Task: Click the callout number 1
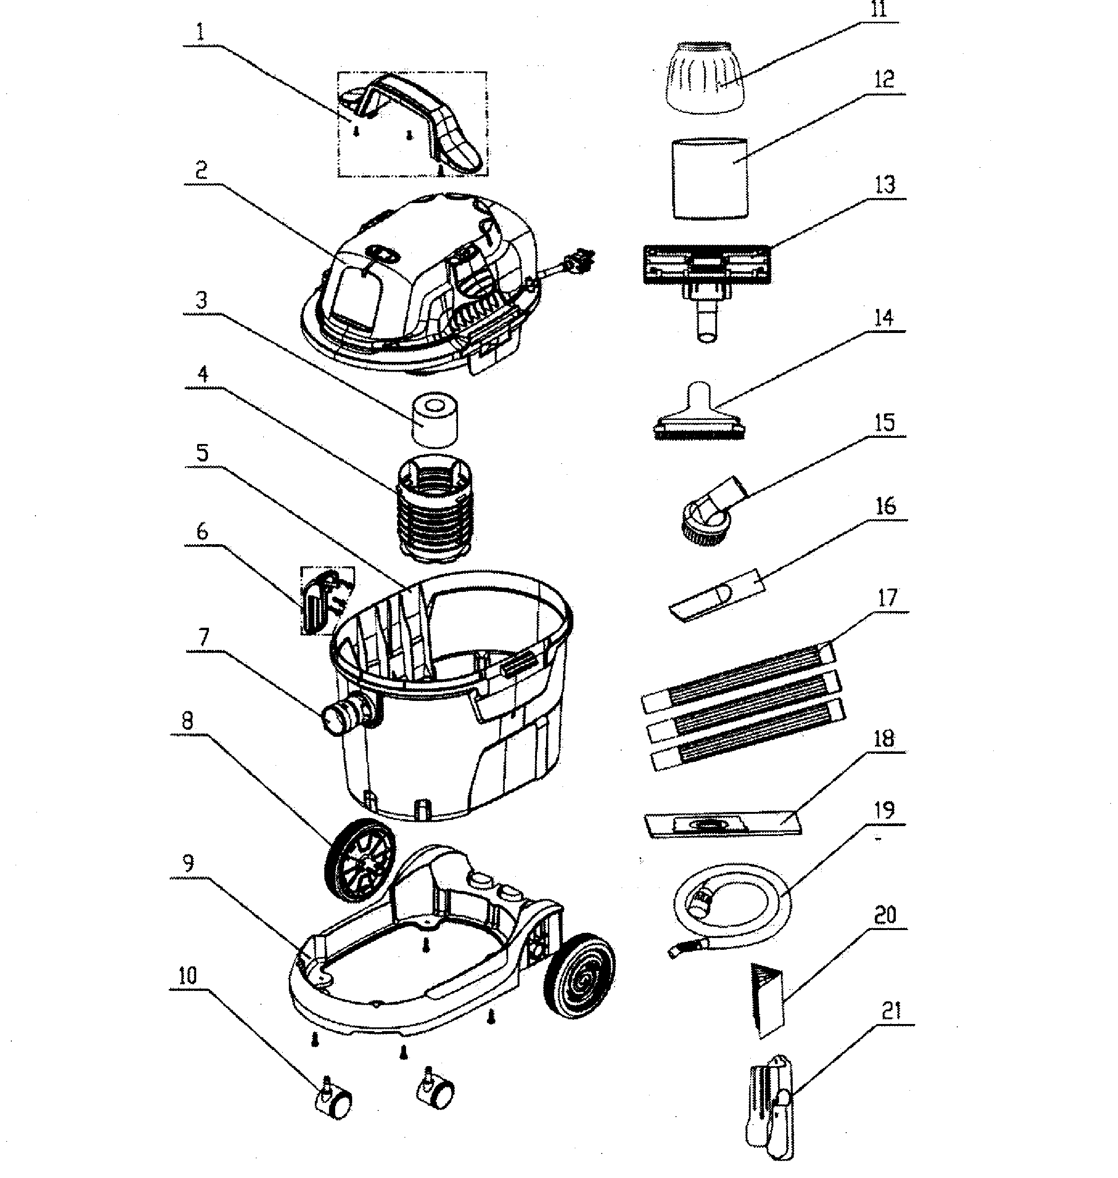point(200,33)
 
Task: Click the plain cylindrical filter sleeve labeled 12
point(709,178)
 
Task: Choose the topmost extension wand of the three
point(739,679)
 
